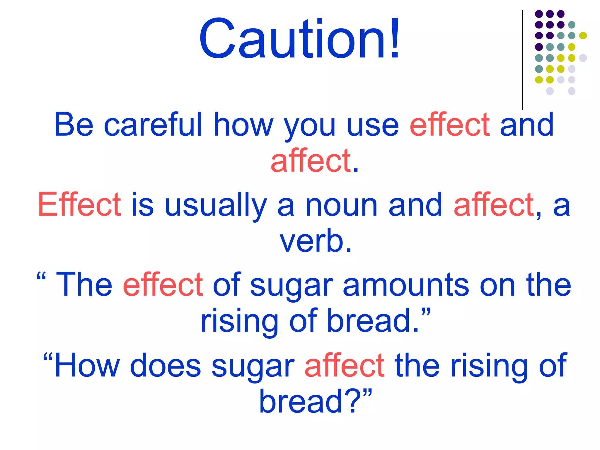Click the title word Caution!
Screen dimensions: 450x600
click(299, 39)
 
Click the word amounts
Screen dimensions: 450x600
click(406, 285)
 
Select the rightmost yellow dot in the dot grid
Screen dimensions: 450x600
click(583, 36)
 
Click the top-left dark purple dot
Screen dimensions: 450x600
click(539, 14)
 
